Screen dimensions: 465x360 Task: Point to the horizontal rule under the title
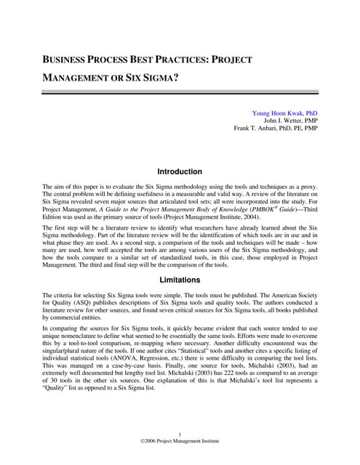180,92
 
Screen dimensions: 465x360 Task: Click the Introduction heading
180,172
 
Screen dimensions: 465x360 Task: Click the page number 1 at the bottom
180,434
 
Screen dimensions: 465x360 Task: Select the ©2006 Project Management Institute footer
180,442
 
